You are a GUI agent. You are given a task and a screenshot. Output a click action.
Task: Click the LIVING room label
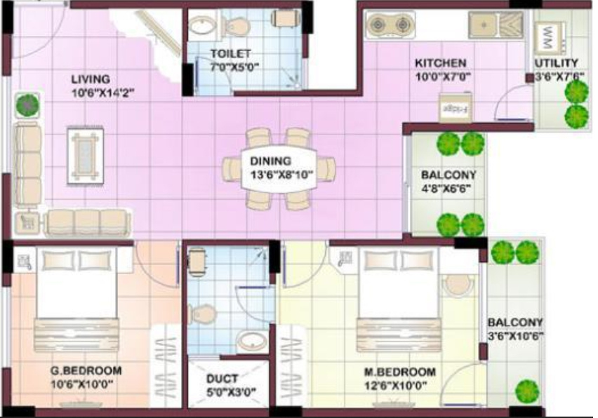coord(90,79)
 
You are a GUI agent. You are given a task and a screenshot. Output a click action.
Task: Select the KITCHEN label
coord(440,64)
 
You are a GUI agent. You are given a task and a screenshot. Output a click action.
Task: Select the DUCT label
coord(222,378)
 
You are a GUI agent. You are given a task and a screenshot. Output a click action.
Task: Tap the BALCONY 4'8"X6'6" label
coord(448,175)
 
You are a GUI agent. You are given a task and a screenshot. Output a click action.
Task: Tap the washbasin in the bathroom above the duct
coord(248,342)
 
